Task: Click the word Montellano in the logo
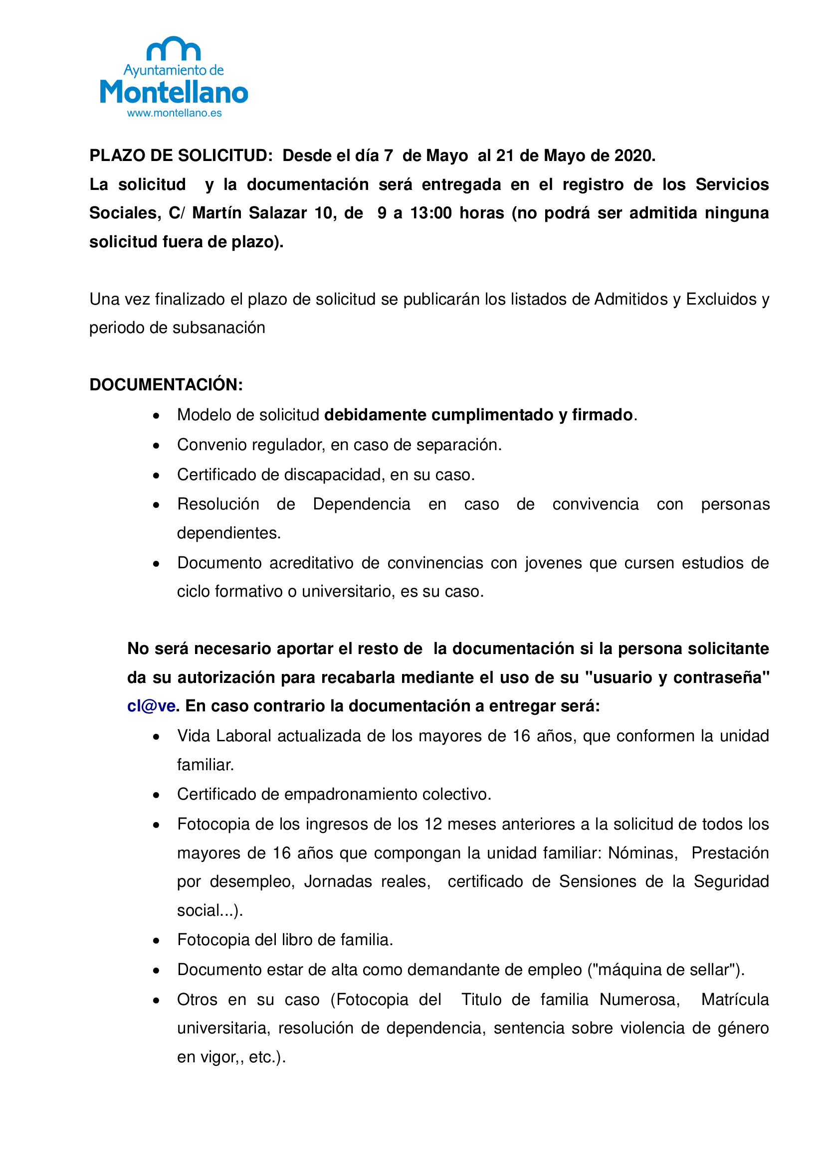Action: (174, 92)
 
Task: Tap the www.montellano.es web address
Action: (174, 113)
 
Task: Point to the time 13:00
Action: (431, 213)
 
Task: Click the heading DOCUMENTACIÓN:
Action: (166, 384)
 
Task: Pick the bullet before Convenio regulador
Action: (157, 446)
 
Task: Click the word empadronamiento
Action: (351, 794)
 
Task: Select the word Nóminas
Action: (642, 852)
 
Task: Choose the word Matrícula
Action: (735, 999)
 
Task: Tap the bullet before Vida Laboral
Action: (157, 737)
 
